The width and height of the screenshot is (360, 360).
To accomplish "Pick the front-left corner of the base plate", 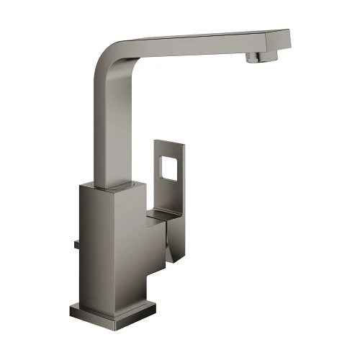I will (72, 311).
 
